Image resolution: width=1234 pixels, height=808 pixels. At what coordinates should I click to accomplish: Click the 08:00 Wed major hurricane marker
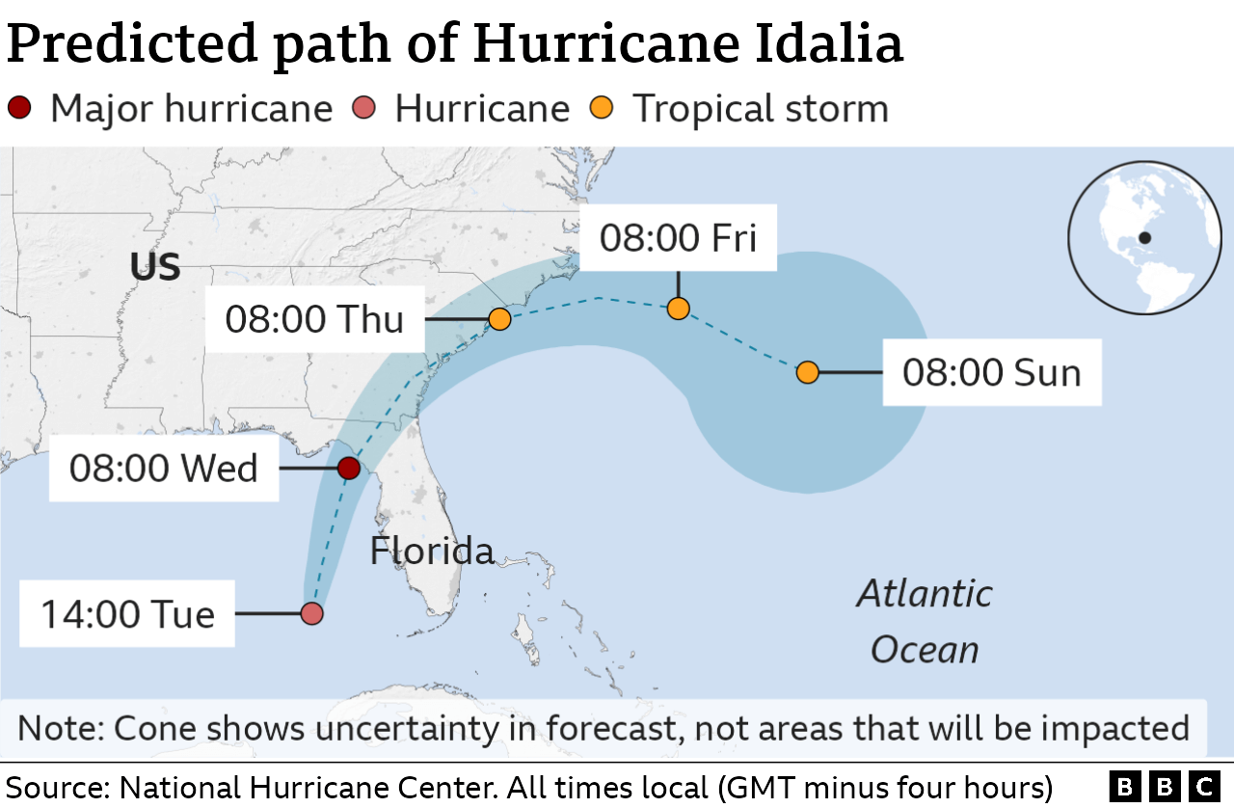349,469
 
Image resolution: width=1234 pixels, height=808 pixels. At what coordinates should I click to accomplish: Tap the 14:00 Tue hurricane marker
311,613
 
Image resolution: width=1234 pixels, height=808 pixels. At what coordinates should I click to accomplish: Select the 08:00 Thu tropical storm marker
499,318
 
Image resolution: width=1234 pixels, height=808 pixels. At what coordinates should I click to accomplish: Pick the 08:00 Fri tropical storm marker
678,309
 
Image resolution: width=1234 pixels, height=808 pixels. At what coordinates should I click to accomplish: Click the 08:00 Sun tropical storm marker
808,372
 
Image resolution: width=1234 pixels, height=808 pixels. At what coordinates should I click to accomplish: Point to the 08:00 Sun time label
991,372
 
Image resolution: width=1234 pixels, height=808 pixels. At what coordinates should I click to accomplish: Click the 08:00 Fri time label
678,237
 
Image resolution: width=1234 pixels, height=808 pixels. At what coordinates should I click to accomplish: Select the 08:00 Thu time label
314,319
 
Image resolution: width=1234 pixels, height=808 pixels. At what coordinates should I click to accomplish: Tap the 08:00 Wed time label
164,469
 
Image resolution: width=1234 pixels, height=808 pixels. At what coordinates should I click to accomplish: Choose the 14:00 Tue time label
127,613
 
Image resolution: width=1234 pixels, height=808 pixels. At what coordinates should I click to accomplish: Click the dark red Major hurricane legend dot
18,108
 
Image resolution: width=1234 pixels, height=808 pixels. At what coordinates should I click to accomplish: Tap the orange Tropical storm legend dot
603,108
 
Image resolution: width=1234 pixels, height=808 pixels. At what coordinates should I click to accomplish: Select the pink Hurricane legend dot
364,108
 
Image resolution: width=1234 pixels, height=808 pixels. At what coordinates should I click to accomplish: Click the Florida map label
432,551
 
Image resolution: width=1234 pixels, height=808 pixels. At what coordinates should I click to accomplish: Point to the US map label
155,267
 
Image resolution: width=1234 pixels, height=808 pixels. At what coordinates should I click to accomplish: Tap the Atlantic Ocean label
924,621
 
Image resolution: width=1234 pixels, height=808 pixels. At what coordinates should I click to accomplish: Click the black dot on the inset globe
1144,237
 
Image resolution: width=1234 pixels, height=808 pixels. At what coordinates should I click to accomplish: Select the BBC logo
1165,787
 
